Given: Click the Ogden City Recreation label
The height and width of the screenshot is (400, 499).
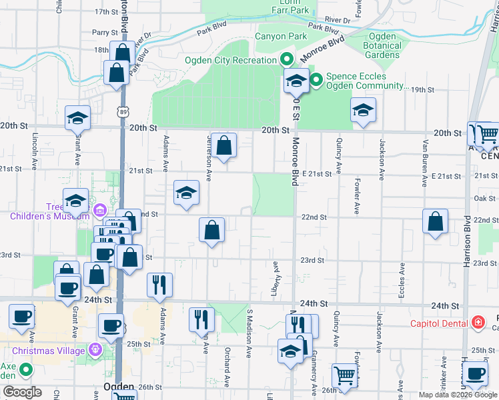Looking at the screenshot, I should click(230, 60).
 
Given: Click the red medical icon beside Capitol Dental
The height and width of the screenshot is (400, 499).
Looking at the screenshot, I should click(478, 323).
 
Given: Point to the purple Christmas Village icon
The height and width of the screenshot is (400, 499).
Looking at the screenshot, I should click(95, 349).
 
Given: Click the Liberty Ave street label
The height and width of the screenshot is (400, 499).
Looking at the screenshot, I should click(274, 274).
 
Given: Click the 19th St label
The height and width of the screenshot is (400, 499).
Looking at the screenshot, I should click(422, 89).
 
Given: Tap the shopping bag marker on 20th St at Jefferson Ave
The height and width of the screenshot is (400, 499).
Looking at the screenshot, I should click(225, 145).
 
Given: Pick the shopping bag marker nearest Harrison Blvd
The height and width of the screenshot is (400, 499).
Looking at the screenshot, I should click(435, 221).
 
